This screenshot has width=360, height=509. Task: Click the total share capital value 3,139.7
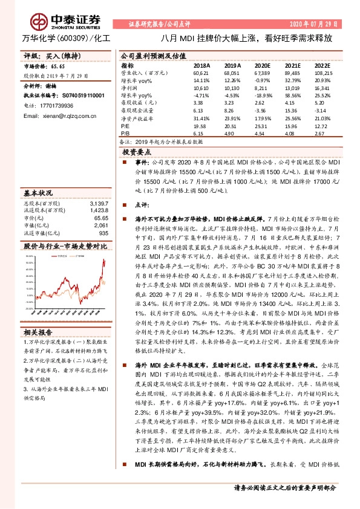point(98,203)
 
